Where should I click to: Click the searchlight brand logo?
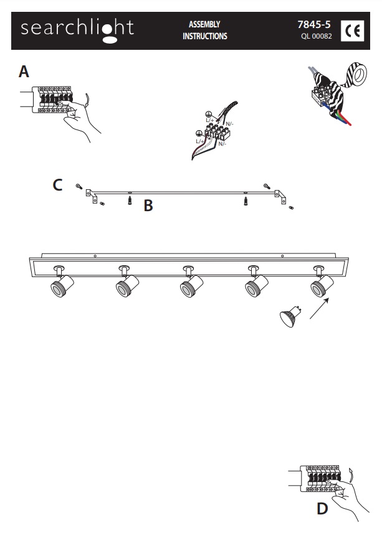click(77, 31)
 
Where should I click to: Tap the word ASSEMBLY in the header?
click(204, 24)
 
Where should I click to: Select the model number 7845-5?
click(314, 24)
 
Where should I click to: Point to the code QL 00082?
click(317, 36)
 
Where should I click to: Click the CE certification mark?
click(353, 31)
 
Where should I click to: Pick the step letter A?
click(24, 72)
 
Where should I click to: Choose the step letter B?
click(148, 205)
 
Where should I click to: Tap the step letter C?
click(57, 185)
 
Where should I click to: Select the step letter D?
click(322, 509)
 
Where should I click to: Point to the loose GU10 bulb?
click(290, 316)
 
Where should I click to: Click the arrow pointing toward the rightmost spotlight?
click(319, 309)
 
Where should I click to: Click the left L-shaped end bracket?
click(92, 196)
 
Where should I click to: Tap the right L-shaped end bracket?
click(280, 196)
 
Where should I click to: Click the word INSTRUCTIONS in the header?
click(205, 36)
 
